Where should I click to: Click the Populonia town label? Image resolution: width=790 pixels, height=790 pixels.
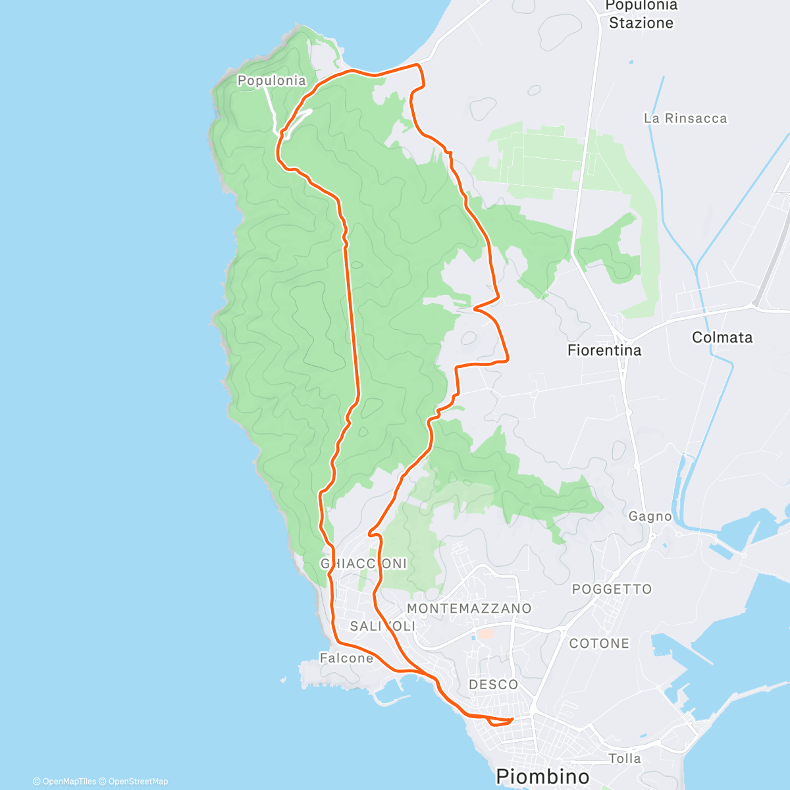coord(271,80)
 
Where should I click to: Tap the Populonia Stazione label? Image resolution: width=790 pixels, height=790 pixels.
coord(641,14)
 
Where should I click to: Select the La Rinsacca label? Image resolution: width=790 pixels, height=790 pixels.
coord(685,118)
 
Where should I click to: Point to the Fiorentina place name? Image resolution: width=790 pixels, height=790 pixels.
coord(604,350)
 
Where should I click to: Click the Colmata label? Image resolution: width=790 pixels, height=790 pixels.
coord(722,337)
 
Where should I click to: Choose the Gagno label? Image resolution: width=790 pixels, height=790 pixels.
coord(650,516)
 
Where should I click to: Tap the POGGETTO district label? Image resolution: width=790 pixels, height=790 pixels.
coord(612,589)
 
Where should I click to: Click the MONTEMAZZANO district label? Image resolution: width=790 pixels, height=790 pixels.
coord(469,608)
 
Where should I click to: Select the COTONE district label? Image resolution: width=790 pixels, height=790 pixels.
coord(599,643)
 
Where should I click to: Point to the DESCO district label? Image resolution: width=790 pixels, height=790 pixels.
coord(493,685)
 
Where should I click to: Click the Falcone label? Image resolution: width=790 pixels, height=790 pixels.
coord(346,658)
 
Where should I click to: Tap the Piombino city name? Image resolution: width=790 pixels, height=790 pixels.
coord(542,776)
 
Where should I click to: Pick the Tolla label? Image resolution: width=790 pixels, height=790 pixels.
coord(624,758)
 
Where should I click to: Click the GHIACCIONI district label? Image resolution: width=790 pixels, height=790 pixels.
coord(363,564)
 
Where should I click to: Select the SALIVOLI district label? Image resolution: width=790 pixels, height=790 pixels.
coord(382,626)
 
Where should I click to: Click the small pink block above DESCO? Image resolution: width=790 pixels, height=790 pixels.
coord(485,633)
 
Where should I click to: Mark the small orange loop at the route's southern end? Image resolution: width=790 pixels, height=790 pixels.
coord(500,722)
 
